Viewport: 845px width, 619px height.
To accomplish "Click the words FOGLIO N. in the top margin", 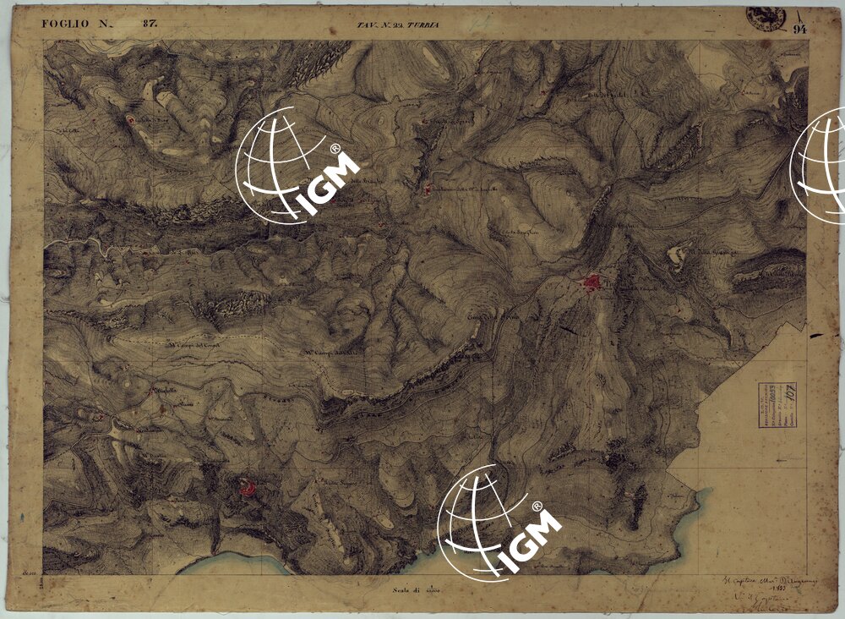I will [x=76, y=24].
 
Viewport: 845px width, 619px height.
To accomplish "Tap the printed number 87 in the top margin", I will [x=150, y=24].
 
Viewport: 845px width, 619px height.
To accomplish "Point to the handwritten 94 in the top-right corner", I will [x=800, y=29].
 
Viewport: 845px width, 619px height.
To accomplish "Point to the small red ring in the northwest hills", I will [x=131, y=120].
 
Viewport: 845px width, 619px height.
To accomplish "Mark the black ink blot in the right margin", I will [x=816, y=336].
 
